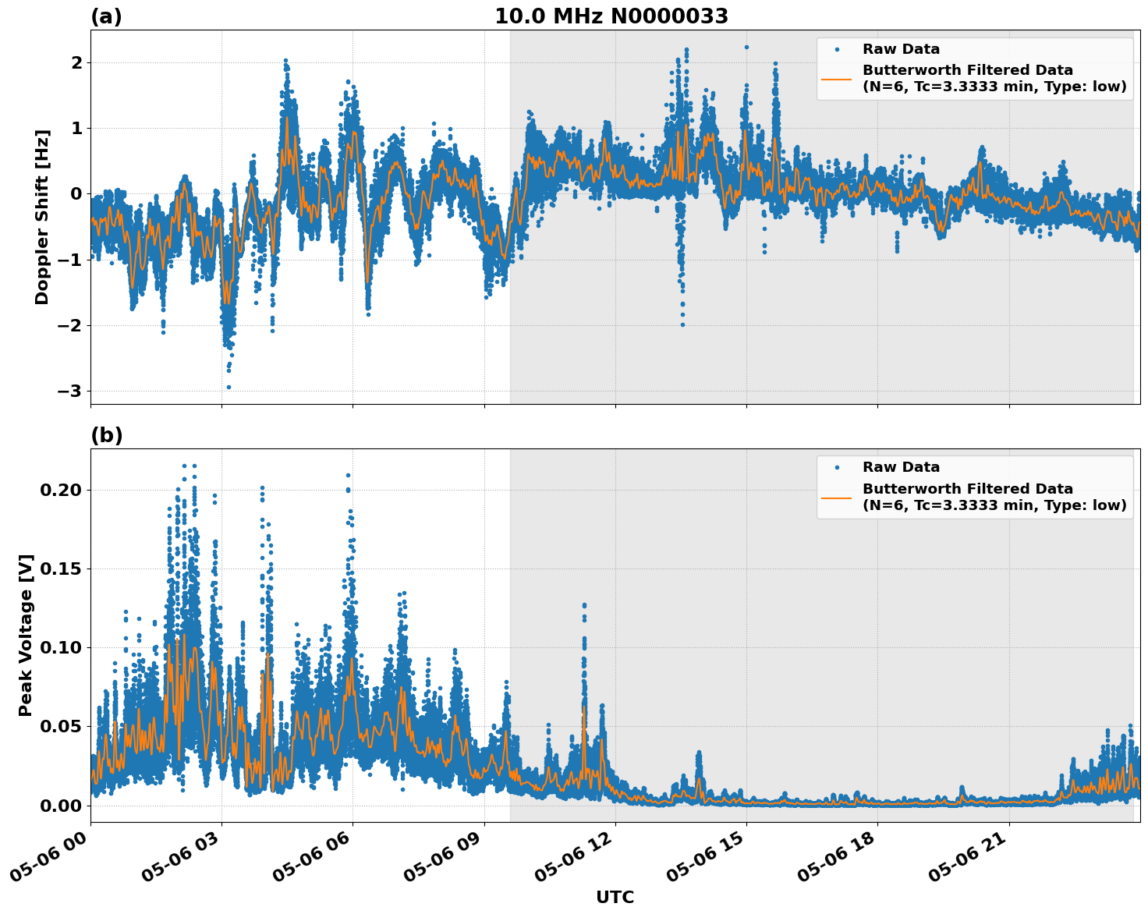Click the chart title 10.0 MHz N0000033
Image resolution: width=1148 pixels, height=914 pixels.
(611, 16)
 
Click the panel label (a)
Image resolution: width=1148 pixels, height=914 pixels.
(106, 16)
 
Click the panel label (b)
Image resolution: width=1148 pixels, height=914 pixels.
(106, 435)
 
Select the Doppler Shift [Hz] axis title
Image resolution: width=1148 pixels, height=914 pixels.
(42, 217)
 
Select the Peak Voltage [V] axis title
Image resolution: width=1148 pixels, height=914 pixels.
(26, 636)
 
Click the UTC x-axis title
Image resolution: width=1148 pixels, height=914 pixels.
(615, 897)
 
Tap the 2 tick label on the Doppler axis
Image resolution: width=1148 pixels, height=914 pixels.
(76, 62)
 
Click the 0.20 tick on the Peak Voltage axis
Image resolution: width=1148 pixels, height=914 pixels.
(59, 490)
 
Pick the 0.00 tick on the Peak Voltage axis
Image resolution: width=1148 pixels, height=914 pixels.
(59, 805)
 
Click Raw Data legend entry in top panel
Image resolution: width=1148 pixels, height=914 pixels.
(901, 49)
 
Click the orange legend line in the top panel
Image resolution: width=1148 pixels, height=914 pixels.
(837, 79)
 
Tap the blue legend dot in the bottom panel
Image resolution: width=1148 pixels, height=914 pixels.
(837, 468)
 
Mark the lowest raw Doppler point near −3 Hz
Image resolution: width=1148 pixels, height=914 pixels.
(229, 387)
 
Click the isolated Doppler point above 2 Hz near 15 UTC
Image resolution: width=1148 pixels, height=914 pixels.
(746, 47)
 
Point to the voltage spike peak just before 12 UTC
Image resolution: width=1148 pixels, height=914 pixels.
(584, 604)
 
